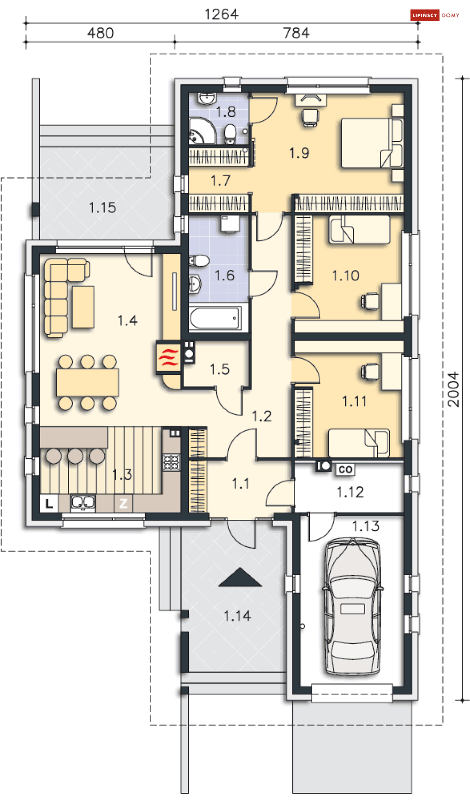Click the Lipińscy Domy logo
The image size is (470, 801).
coord(435,16)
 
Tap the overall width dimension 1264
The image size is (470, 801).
coord(221,14)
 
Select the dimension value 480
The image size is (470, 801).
coord(101,33)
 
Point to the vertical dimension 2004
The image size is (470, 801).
coord(453,389)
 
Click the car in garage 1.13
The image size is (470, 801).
coord(352,607)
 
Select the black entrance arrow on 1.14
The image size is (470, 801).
coord(240,577)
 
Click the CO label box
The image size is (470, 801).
coord(345,469)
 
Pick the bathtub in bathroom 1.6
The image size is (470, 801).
coord(215,318)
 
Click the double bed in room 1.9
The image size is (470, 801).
coord(372,143)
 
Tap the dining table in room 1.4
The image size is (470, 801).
coord(87,382)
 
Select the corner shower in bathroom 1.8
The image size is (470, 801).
coord(202,131)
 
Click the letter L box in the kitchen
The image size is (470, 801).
coord(49,503)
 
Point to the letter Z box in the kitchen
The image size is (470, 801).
coord(123,503)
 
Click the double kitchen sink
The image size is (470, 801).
coord(83,503)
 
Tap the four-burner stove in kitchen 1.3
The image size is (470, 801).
coord(171,462)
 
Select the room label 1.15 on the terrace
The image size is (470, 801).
coord(103,207)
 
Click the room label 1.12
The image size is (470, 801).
coord(350,492)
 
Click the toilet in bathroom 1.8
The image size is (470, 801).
coord(230,133)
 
